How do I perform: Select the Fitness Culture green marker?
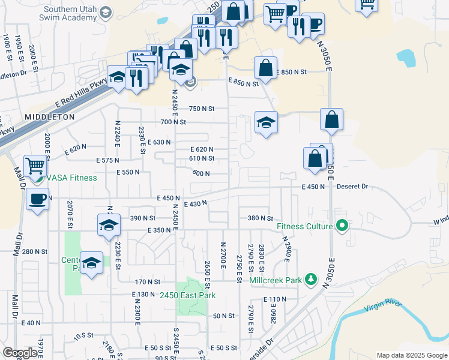(343, 227)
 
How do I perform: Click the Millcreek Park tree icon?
(310, 279)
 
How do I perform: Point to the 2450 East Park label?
(188, 295)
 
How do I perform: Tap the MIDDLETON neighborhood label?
(50, 116)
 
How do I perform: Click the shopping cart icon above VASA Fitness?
(35, 164)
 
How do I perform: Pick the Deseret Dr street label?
(352, 187)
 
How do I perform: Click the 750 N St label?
(202, 109)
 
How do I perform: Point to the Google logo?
(20, 353)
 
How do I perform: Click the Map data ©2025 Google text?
(411, 355)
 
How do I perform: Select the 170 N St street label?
(148, 281)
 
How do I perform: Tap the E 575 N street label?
(107, 160)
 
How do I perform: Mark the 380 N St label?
(261, 218)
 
